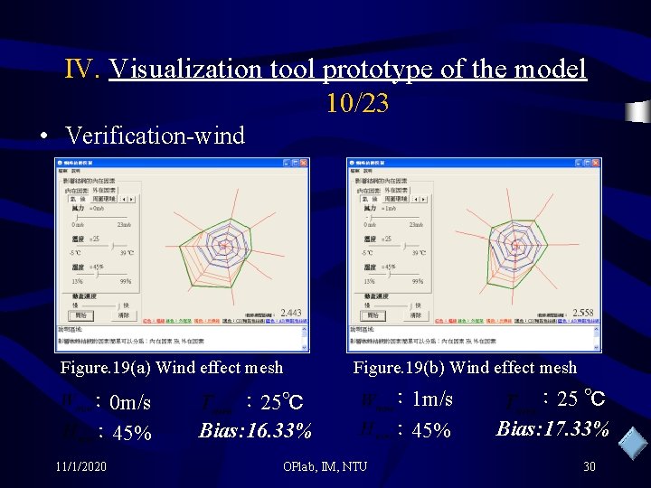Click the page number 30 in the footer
pos(589,466)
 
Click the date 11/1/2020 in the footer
pos(80,465)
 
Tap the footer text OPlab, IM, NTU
pos(325,466)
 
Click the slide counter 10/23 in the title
pos(357,105)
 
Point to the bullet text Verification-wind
pos(155,136)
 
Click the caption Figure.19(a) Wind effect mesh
pos(171,367)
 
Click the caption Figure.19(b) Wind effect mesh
pos(464,367)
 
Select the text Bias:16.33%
pos(256,430)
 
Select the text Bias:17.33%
pos(552,428)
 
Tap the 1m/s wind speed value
pos(431,399)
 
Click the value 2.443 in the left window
pos(290,313)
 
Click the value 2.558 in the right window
pos(583,313)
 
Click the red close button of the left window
pos(304,163)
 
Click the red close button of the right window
pos(597,163)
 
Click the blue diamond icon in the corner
pos(633,443)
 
